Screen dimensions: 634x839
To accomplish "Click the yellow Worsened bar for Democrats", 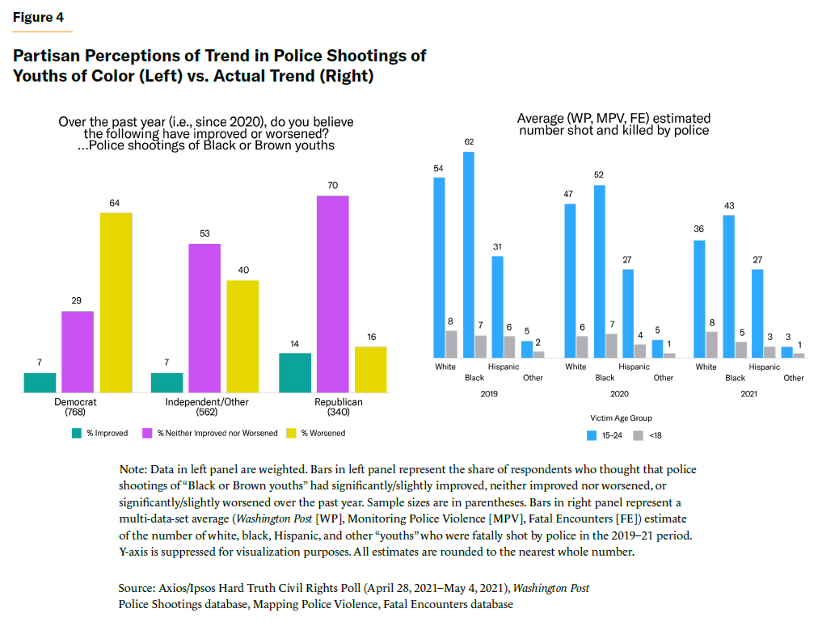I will pos(116,302).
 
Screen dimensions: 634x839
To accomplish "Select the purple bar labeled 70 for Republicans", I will pos(333,294).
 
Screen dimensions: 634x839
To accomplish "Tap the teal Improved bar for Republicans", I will pos(294,372).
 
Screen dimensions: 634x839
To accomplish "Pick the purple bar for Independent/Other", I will pos(204,317).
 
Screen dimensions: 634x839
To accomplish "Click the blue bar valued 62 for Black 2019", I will pos(468,254).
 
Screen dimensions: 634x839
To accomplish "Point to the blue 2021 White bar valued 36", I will pos(699,299).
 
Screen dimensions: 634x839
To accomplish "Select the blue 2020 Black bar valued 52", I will pos(599,271).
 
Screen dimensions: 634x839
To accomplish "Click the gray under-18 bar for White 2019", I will pos(451,344).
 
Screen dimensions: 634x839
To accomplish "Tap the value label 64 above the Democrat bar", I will pos(115,203).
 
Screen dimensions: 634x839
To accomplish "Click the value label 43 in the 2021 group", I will pos(729,206).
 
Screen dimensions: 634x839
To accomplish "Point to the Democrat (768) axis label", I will pos(77,407).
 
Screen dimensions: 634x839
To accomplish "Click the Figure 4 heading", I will pos(38,18).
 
